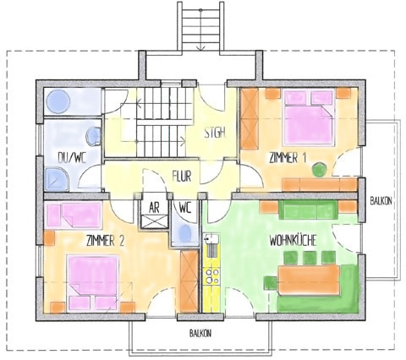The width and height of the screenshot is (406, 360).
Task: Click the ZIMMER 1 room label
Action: tap(288, 158)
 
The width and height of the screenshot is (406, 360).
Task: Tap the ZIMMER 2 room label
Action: tap(106, 241)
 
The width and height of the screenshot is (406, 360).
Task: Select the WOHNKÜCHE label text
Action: tap(293, 240)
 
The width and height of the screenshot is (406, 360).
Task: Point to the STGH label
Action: tap(215, 133)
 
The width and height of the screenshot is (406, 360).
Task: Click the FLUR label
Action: tap(182, 176)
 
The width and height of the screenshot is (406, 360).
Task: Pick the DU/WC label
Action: tap(72, 157)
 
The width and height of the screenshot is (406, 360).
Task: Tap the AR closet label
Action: tap(154, 208)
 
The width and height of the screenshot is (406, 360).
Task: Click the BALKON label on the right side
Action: tap(381, 201)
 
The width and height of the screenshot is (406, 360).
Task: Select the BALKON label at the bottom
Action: tap(200, 334)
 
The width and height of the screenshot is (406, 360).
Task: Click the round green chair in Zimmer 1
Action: tap(320, 170)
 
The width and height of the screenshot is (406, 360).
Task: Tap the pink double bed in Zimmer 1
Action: tap(309, 117)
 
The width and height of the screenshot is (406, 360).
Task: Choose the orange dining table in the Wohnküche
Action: tap(309, 281)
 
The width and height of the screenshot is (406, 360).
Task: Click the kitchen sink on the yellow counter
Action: tap(211, 239)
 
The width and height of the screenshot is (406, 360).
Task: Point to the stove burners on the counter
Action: tap(212, 276)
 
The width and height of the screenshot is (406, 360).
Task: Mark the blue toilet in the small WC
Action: tap(185, 233)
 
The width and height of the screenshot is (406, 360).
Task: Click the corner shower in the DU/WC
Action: tap(57, 179)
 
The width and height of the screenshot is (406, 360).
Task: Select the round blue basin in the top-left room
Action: tap(58, 101)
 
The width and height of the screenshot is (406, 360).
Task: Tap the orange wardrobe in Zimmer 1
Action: tap(250, 118)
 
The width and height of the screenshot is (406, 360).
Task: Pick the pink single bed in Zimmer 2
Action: tap(74, 215)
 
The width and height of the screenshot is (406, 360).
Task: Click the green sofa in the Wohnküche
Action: tap(308, 210)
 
